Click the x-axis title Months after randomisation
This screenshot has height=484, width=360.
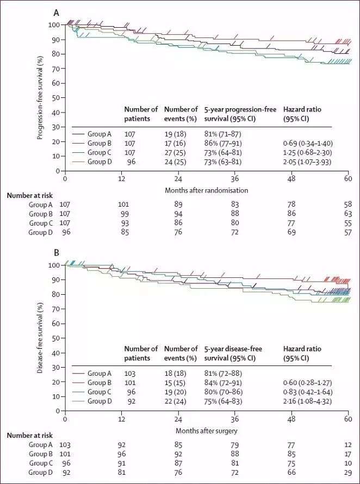click(207, 190)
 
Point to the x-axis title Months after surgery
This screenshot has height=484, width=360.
click(207, 430)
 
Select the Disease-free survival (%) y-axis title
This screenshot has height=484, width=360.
click(40, 337)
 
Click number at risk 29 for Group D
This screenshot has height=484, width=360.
click(348, 473)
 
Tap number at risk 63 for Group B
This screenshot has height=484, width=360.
click(348, 214)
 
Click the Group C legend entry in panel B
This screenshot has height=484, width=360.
click(99, 392)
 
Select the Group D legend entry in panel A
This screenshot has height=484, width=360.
click(99, 162)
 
